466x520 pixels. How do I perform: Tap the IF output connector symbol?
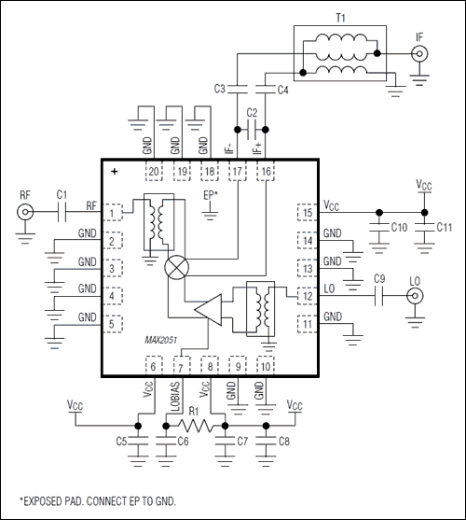coord(420,55)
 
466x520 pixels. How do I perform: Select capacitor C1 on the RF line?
coord(60,212)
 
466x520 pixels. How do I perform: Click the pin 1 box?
coord(115,214)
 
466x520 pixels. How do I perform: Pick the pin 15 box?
coord(306,214)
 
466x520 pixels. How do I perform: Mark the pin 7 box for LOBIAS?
coord(185,365)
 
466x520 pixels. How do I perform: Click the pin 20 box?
coord(153,172)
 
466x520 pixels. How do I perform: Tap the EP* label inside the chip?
coord(211,195)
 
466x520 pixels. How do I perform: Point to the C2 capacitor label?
coord(251,112)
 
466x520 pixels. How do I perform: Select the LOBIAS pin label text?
coord(175,394)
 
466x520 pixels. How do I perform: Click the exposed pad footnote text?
coord(96,501)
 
